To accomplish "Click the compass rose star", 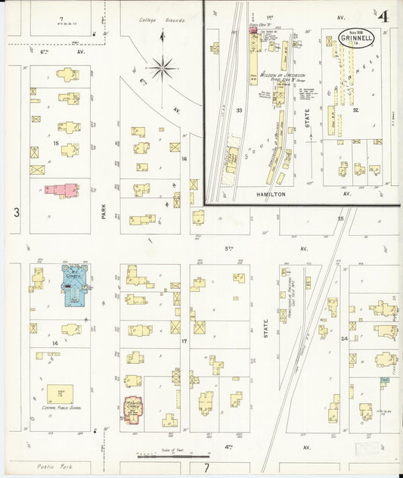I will click(x=162, y=70).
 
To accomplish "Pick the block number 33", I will click(x=239, y=110).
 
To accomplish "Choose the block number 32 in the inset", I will click(x=354, y=110).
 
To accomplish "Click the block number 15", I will click(x=55, y=143).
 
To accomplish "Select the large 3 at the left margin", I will click(x=17, y=213).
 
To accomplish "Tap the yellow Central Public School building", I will click(x=60, y=393).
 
